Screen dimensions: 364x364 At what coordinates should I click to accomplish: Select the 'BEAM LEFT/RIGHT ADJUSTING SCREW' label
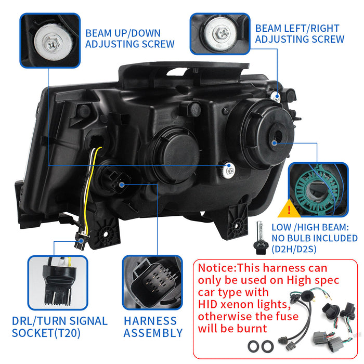tap(300, 33)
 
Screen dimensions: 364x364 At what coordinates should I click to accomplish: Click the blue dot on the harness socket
tap(121, 184)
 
